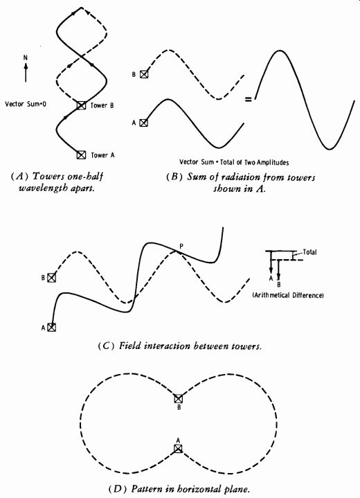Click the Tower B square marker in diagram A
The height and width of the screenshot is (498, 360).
tap(81, 105)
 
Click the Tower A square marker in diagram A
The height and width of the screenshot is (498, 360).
tap(81, 154)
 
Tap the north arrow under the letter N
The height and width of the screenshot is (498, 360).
tap(26, 72)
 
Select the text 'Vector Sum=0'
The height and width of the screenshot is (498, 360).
tap(26, 104)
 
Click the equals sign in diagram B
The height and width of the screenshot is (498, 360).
tap(248, 100)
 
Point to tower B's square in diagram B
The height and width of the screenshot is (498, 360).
tap(144, 74)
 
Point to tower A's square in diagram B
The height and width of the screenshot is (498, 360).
tap(144, 123)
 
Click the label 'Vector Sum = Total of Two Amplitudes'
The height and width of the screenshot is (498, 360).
tap(234, 162)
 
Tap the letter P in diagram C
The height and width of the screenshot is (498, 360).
tap(181, 246)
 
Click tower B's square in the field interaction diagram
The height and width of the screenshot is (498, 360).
tap(51, 278)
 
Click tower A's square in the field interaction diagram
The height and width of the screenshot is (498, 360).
tap(51, 327)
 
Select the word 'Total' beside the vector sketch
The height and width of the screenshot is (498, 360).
tap(309, 252)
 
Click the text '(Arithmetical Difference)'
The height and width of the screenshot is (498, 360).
tap(288, 295)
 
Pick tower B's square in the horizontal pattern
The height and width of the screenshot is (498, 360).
tap(179, 398)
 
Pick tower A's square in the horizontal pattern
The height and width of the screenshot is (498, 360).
tap(178, 448)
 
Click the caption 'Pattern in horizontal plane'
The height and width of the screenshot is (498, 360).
tap(190, 488)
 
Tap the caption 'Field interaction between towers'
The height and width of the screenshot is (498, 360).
tap(190, 346)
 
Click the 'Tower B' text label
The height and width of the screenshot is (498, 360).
tap(102, 105)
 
